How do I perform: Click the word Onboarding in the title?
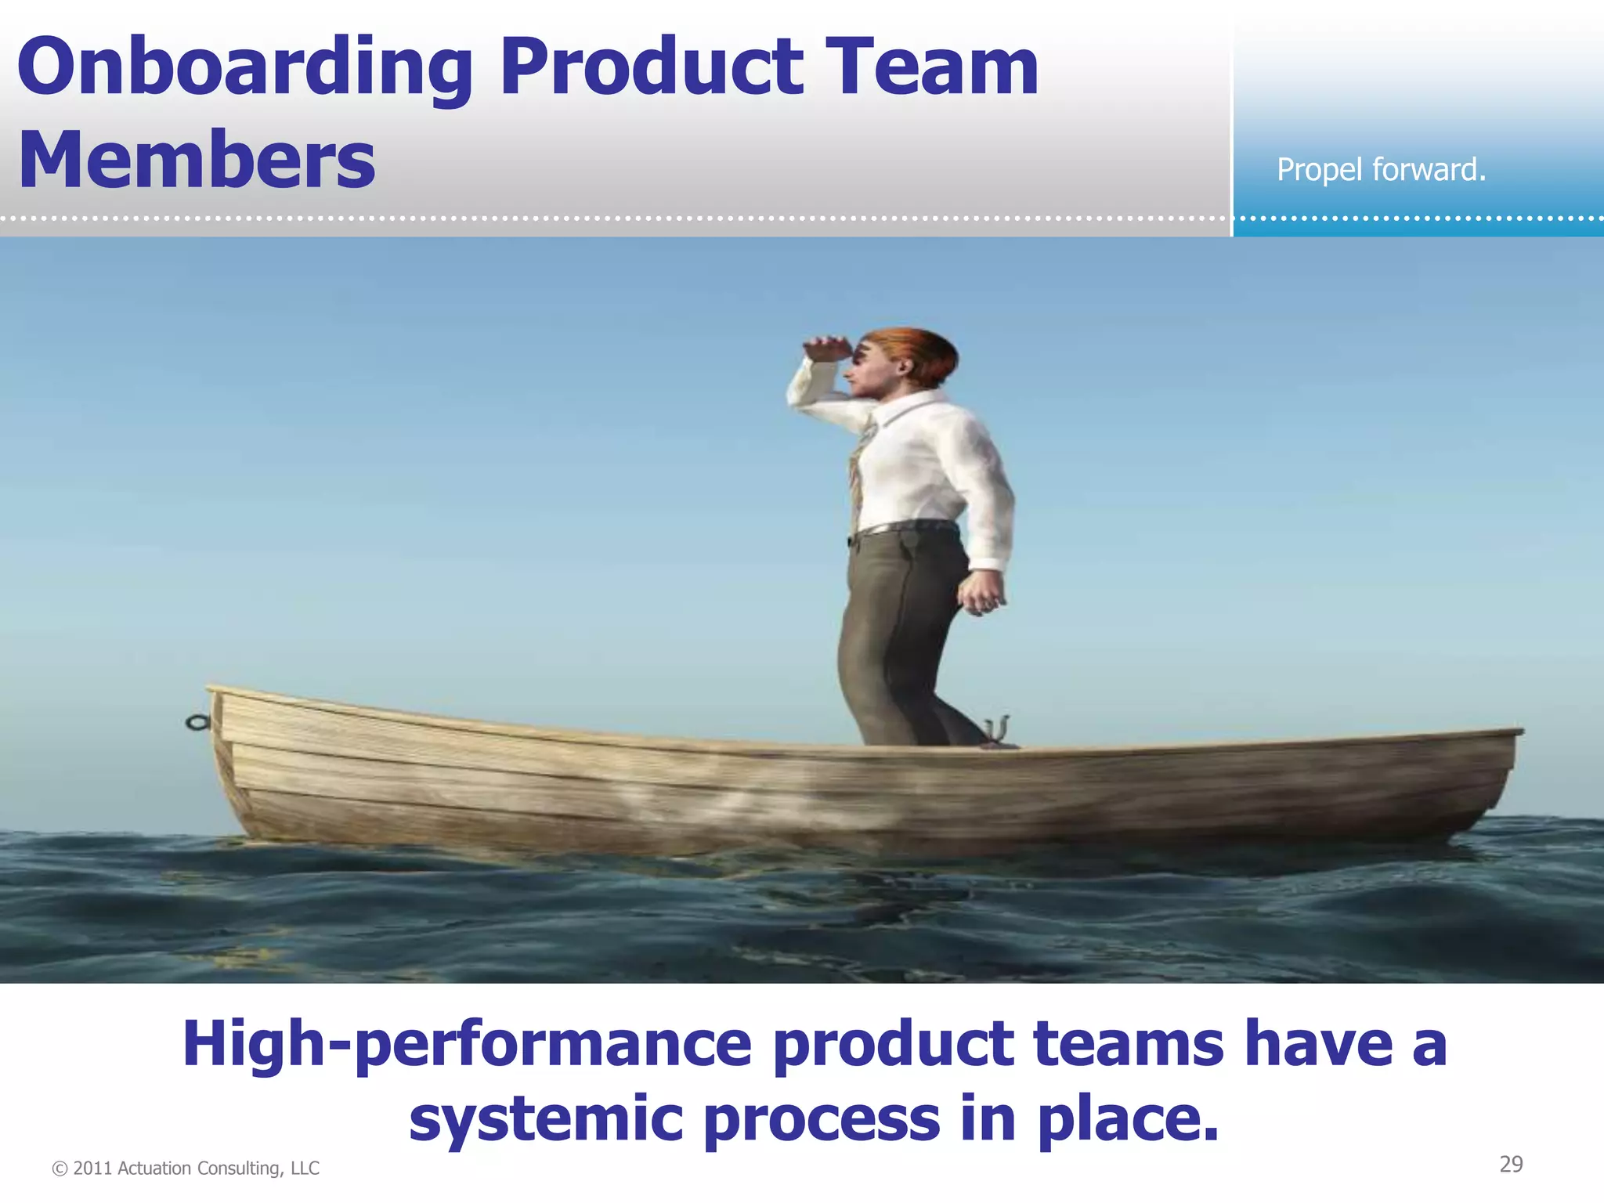point(244,69)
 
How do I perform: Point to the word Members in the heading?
point(197,160)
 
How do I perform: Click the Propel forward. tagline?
point(1381,170)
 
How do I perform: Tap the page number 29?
point(1511,1165)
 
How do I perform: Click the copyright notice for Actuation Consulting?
point(186,1169)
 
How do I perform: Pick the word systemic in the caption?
point(546,1119)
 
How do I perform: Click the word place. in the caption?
point(1128,1119)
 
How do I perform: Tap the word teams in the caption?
point(1128,1044)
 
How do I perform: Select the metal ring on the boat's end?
point(197,722)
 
